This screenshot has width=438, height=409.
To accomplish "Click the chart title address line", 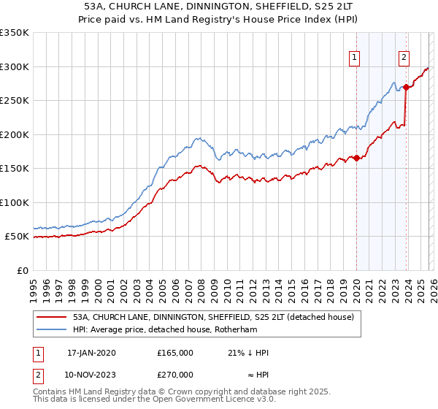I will point(218,7).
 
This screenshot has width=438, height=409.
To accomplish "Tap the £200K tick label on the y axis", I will point(15,134).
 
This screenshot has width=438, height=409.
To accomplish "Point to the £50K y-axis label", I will point(18,237).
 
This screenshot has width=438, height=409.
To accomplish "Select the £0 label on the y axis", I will point(23,270).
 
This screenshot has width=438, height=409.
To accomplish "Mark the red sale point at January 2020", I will point(356,158).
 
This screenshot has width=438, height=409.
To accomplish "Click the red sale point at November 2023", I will point(406,87).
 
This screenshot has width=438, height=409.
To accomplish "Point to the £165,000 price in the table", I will point(175,352).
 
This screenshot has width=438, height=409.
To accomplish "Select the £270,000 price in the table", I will point(175,374).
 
